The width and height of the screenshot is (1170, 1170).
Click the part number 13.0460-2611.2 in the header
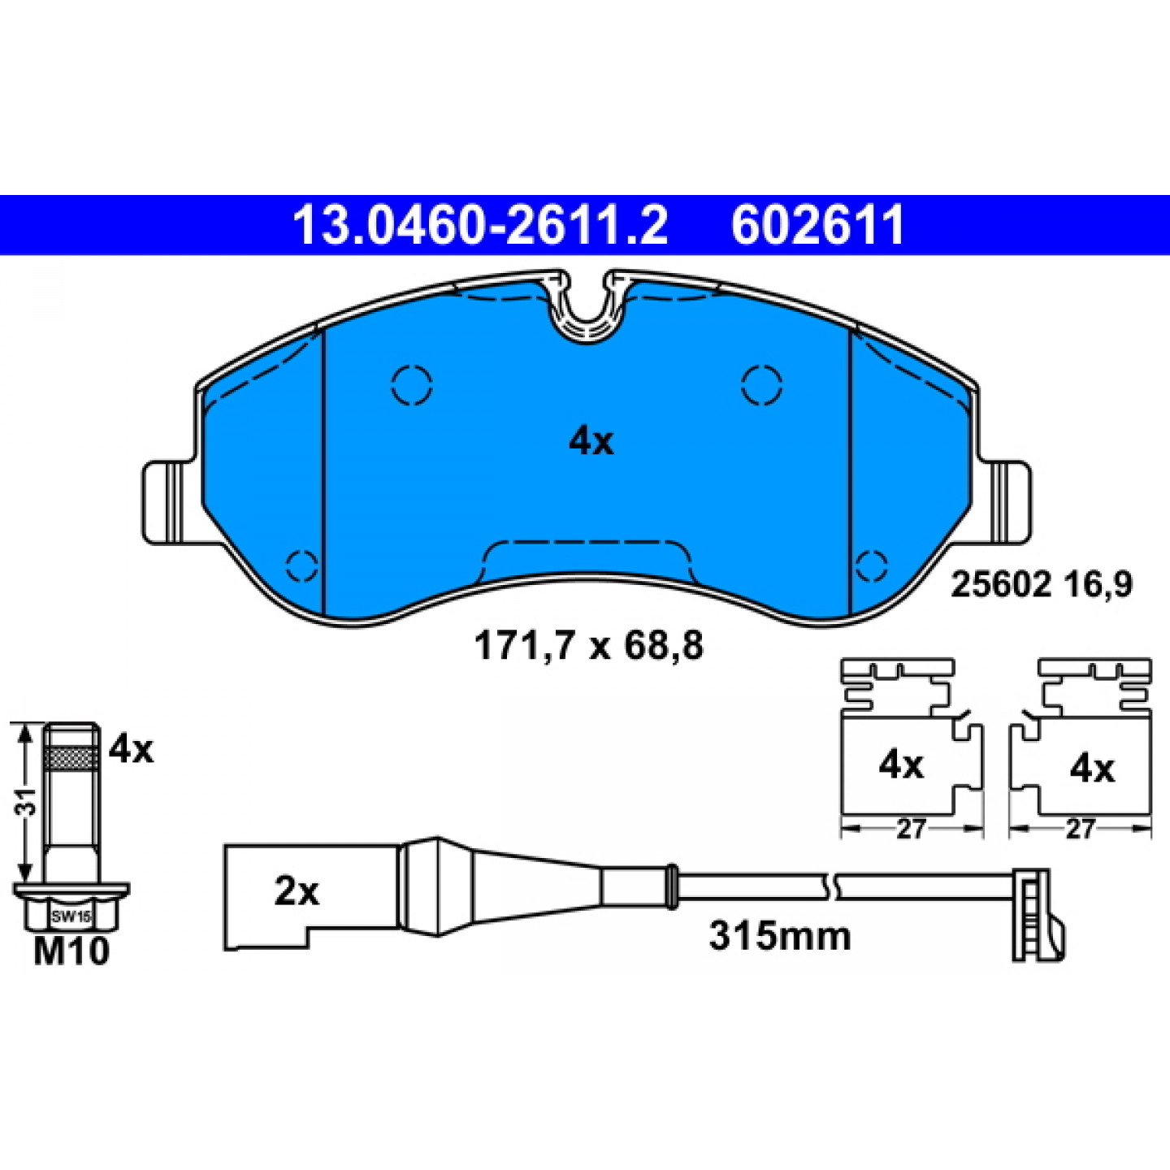(x=480, y=225)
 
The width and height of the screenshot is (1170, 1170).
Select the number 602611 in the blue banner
(x=818, y=225)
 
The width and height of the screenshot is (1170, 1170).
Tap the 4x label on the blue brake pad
(x=591, y=442)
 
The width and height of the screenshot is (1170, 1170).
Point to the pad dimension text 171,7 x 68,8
(x=588, y=646)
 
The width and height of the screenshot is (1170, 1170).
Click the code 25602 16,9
(x=1042, y=586)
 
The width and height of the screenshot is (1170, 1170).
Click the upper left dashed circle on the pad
(x=412, y=384)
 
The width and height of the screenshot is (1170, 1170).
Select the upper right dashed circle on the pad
(x=762, y=384)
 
